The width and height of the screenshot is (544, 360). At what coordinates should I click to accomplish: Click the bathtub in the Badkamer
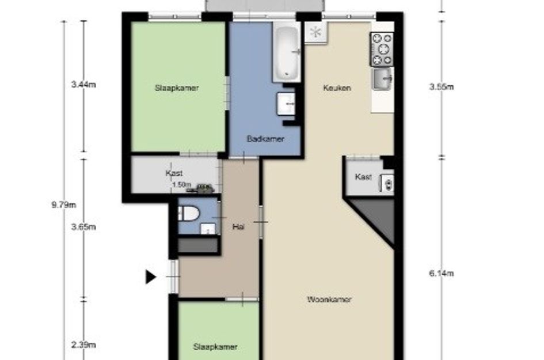point(287,52)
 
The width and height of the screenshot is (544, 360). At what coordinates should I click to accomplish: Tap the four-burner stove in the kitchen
point(382,49)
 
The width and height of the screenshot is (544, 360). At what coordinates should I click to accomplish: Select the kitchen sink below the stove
point(383,79)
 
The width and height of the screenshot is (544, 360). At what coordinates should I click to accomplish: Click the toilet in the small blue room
point(188,213)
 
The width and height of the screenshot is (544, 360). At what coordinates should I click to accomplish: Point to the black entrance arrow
point(151,277)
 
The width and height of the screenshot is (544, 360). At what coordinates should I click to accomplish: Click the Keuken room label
point(337,88)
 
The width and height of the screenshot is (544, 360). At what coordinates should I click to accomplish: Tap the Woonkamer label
point(329,300)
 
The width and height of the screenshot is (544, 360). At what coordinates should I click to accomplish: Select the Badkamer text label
point(265,139)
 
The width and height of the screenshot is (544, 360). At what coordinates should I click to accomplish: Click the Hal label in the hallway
point(238,227)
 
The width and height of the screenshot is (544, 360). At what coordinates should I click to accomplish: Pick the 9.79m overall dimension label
point(64,205)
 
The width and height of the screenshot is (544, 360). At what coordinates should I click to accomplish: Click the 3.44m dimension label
point(83,84)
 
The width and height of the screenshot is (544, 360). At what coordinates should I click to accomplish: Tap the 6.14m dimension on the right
point(442,274)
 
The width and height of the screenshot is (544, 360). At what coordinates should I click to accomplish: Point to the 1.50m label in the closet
point(182,185)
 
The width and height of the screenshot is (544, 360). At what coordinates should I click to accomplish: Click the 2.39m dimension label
point(83,344)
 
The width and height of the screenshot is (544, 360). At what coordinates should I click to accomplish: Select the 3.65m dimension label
point(83,227)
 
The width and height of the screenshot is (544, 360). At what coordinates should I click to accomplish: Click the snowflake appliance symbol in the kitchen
point(315,33)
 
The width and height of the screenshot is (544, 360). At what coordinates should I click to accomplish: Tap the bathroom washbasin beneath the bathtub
point(286,104)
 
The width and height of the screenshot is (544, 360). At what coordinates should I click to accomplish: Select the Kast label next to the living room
point(363,177)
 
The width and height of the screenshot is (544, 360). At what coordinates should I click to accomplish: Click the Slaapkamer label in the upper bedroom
point(177,88)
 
